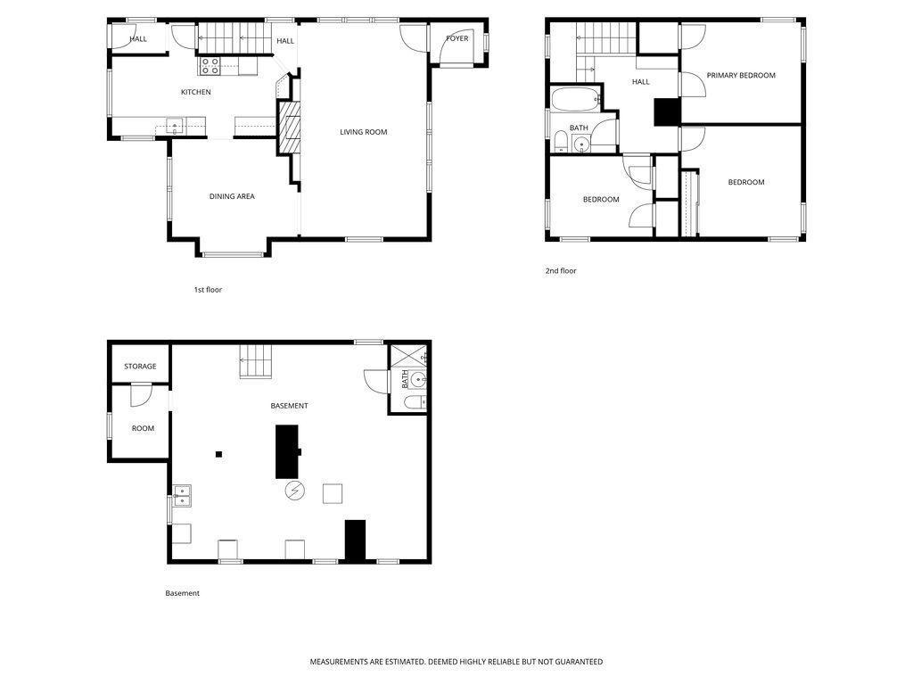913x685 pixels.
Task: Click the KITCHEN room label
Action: coord(195,92)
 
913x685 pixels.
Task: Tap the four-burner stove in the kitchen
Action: coord(210,65)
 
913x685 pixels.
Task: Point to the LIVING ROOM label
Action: coord(363,132)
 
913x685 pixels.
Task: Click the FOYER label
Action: coord(456,38)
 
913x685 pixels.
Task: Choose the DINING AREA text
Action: coord(232,196)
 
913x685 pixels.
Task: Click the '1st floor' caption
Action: coord(208,289)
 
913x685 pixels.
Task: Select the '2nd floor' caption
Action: coord(561,270)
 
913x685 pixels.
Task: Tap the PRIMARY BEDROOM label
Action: coord(741,75)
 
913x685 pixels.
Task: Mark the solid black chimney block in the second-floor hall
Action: coord(667,111)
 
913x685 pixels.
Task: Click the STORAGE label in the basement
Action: coord(140,366)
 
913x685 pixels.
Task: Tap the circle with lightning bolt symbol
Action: coord(294,491)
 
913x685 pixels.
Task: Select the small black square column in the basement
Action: coord(218,454)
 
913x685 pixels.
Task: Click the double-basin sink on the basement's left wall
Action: coord(182,495)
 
